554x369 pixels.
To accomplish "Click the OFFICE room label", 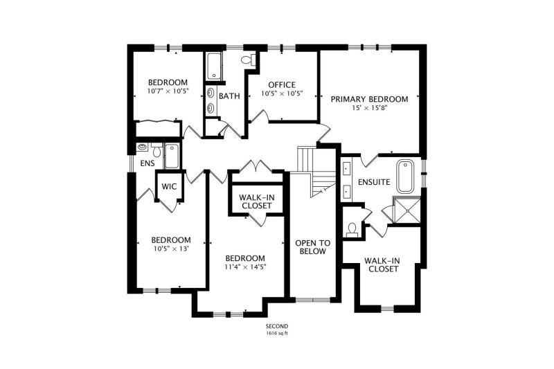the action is (x=282, y=85).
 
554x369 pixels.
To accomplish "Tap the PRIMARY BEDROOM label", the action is (x=369, y=99).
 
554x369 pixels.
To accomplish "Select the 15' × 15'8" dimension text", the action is (x=370, y=108).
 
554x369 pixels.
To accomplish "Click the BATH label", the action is (x=229, y=96).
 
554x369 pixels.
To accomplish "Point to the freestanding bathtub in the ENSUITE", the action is (x=405, y=177).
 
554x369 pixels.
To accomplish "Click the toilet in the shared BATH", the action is (x=249, y=60).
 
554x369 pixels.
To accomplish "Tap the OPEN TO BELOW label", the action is (x=313, y=247).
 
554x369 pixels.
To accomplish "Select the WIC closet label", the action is (x=169, y=186).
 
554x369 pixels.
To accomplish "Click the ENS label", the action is (x=148, y=163).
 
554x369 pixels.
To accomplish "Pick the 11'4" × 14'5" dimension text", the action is (x=245, y=267).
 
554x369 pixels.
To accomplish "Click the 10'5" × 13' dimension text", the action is (x=172, y=249).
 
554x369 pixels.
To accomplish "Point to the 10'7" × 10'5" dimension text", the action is (x=168, y=91).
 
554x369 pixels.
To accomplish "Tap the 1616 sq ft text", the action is (x=277, y=333).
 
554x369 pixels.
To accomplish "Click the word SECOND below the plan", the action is (x=277, y=326).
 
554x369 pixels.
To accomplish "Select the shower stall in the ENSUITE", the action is (x=407, y=210).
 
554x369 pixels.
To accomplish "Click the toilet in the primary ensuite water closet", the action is (x=352, y=229).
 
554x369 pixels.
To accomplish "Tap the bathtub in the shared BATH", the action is (x=214, y=66).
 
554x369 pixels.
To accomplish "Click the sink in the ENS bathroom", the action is (x=143, y=147).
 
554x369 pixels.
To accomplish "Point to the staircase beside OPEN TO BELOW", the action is (x=316, y=172).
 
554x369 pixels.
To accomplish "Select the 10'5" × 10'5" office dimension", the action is (x=282, y=94).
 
